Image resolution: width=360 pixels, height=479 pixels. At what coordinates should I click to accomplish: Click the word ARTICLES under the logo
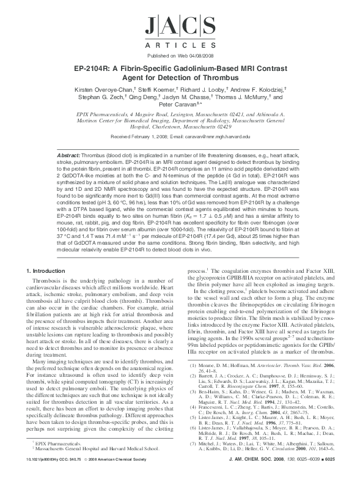point(180,45)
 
